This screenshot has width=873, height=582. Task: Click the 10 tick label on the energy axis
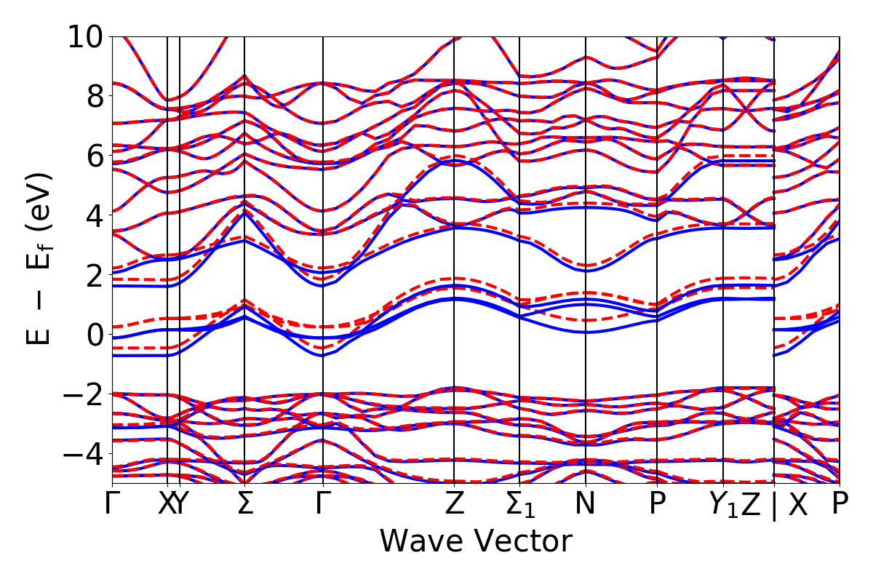(86, 36)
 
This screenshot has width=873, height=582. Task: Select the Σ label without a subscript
(244, 504)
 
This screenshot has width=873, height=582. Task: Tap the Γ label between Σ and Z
(322, 504)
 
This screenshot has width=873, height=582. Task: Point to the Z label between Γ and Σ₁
(454, 504)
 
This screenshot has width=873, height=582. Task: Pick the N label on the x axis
(586, 504)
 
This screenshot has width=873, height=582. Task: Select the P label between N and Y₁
(658, 504)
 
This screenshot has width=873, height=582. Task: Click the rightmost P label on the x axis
(840, 504)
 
